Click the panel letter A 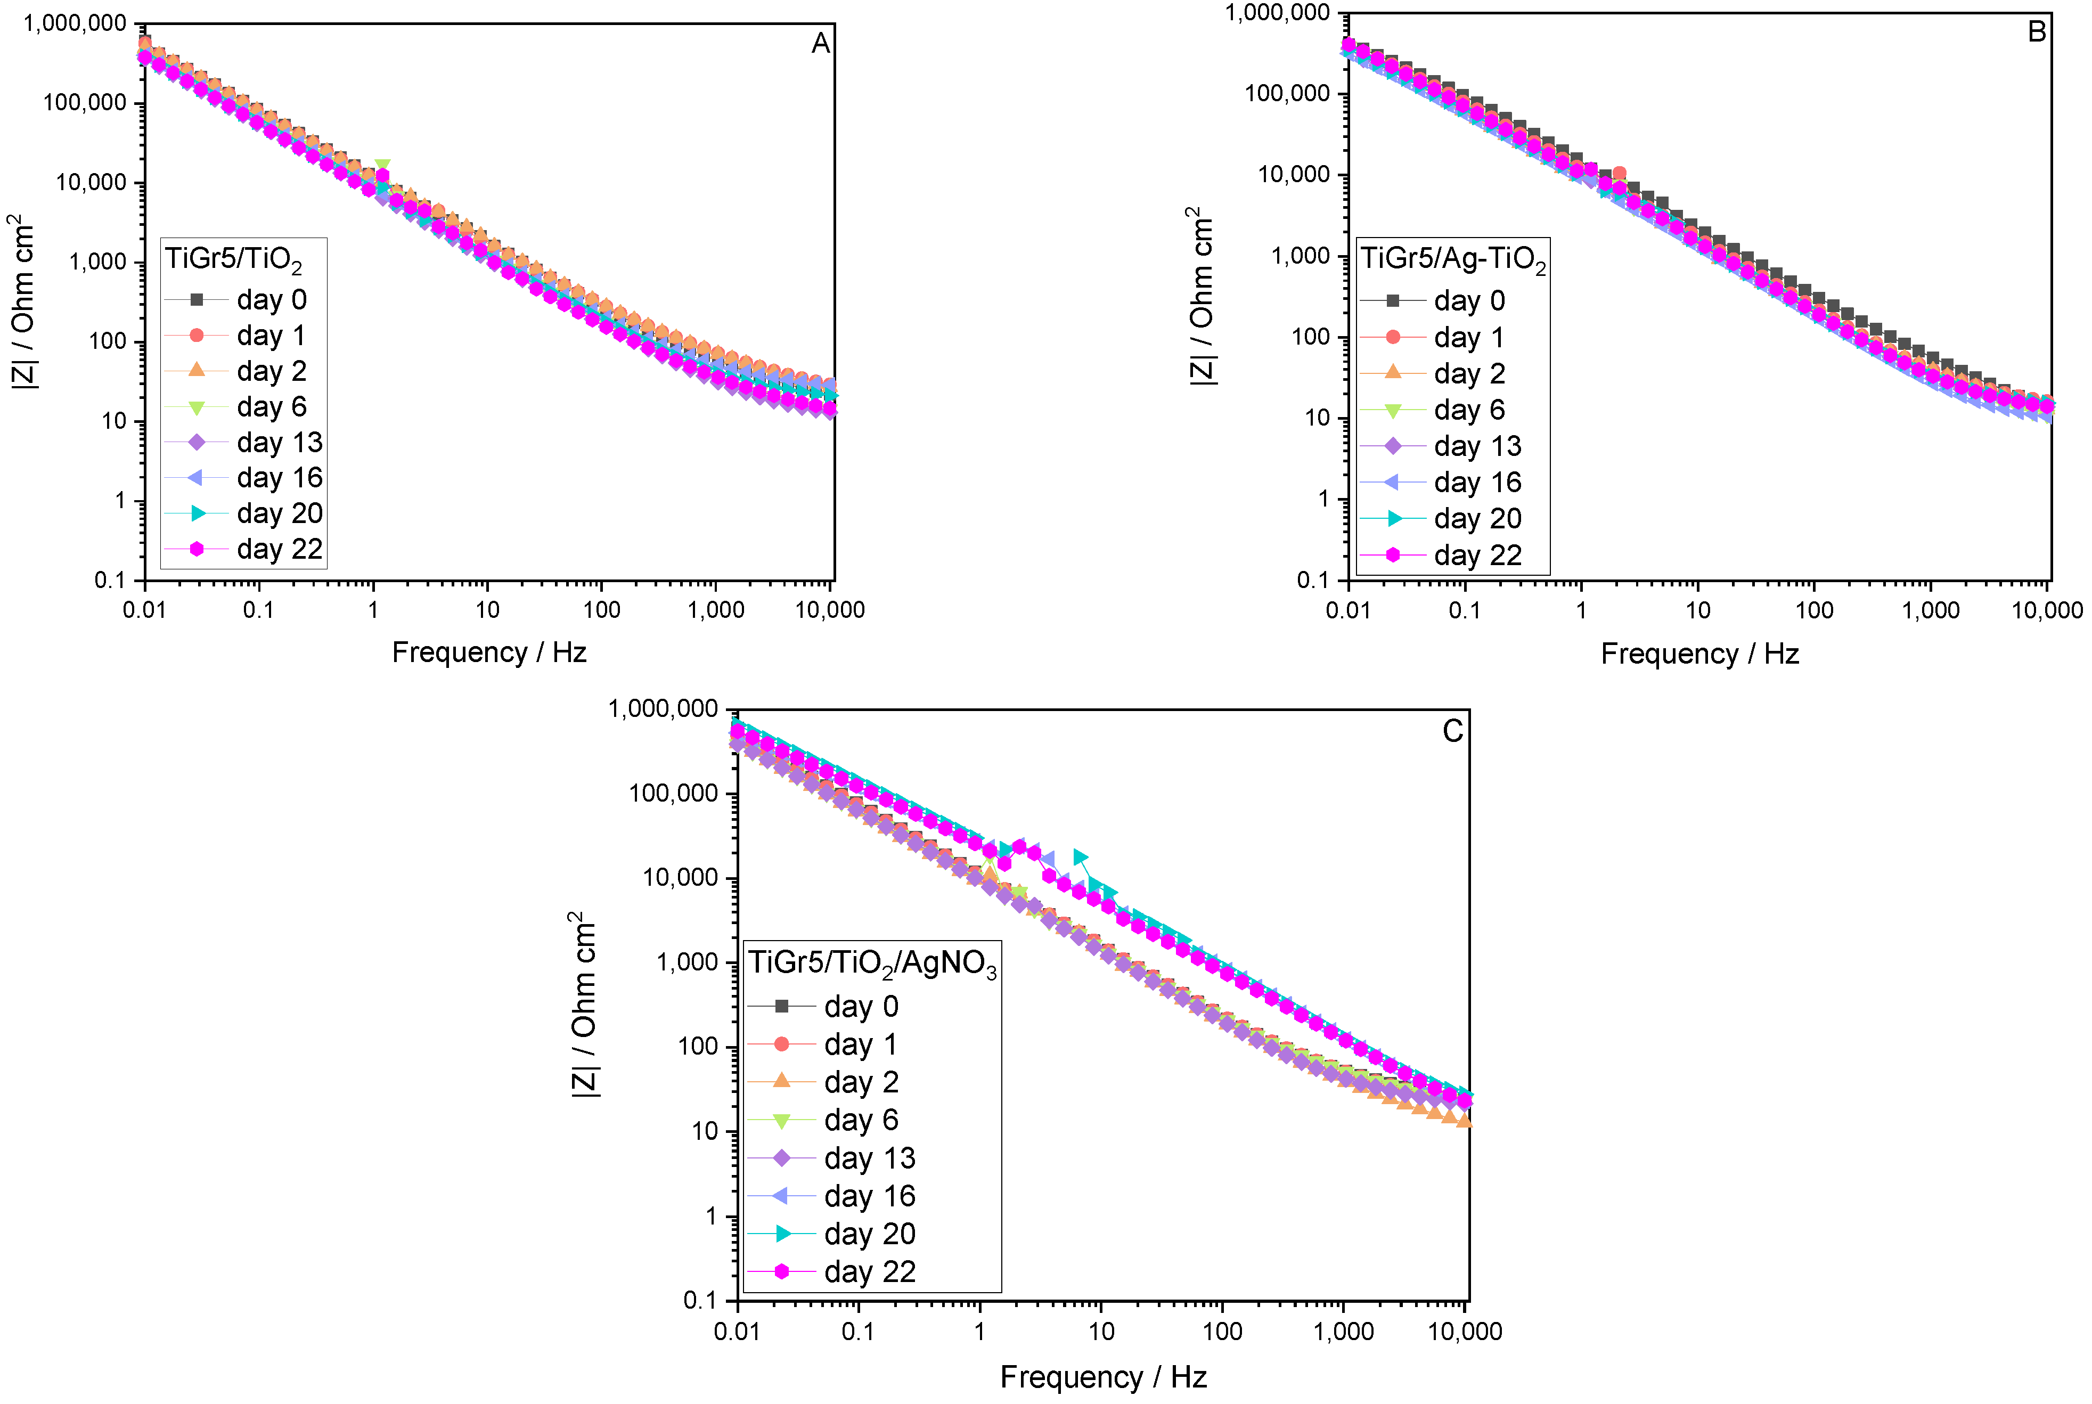[820, 43]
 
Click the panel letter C [1452, 731]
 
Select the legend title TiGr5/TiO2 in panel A [234, 260]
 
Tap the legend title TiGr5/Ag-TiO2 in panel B [1452, 260]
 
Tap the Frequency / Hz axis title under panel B [1699, 654]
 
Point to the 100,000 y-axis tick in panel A [85, 103]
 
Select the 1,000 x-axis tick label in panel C [1343, 1332]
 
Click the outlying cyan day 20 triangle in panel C [1081, 858]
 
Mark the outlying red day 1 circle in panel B [1619, 174]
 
